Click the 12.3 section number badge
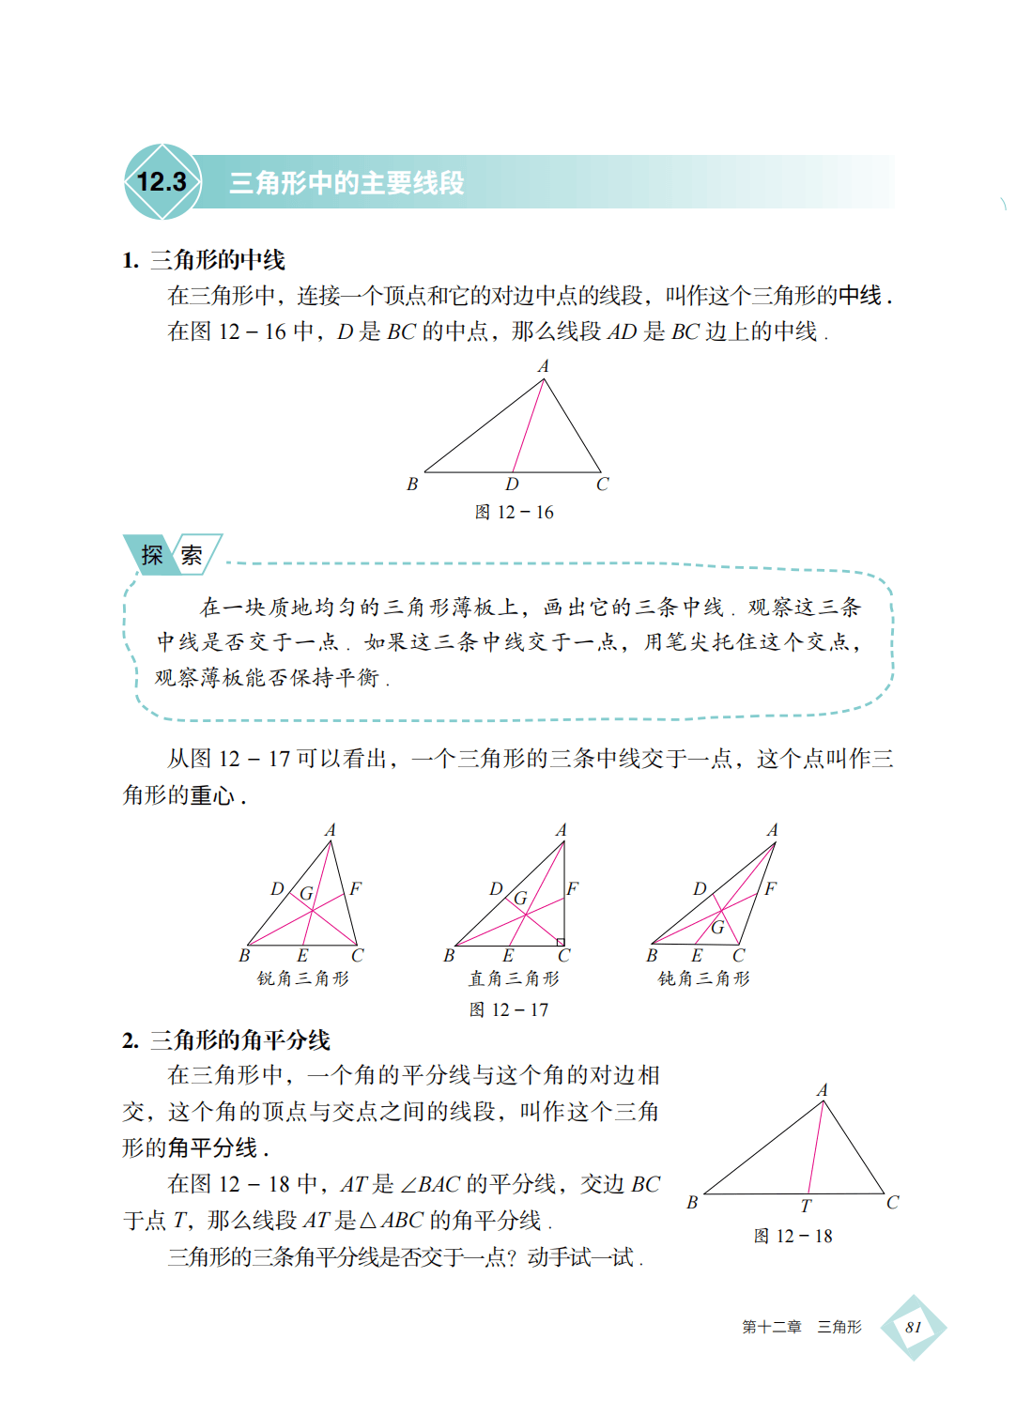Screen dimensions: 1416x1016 click(162, 182)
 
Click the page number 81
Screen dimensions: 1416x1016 click(913, 1328)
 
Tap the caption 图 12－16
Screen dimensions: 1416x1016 click(515, 513)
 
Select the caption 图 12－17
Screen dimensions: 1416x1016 click(509, 1010)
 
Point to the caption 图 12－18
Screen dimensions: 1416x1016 click(793, 1237)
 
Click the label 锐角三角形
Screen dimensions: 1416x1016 click(303, 979)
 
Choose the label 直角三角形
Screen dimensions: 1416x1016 click(514, 979)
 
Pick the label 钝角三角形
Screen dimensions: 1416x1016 click(704, 979)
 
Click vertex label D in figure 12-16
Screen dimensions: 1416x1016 click(512, 485)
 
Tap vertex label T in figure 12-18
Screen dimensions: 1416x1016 click(806, 1207)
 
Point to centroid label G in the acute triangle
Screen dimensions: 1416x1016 click(306, 894)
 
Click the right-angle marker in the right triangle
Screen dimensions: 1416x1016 click(561, 942)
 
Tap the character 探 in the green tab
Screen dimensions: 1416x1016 click(152, 555)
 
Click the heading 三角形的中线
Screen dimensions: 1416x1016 click(217, 260)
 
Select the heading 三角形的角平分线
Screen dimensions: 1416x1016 click(239, 1040)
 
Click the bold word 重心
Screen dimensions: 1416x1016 click(212, 796)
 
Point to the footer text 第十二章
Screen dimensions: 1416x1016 click(771, 1328)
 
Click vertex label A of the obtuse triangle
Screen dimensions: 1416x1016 click(773, 830)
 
